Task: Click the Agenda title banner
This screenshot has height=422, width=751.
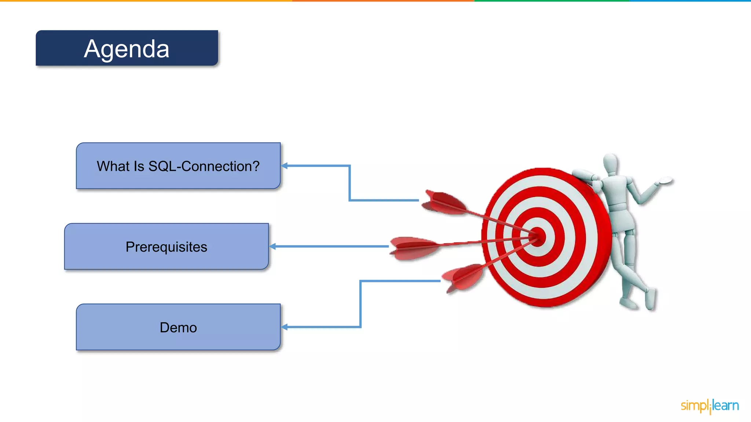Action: (x=127, y=48)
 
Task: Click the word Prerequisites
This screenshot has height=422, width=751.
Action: (x=166, y=247)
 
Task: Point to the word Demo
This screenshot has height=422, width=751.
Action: (x=178, y=327)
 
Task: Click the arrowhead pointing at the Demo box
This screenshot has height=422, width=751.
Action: (x=285, y=327)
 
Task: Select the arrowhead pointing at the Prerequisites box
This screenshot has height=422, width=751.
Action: (x=273, y=247)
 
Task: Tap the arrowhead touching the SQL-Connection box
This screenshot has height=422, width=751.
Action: (x=285, y=166)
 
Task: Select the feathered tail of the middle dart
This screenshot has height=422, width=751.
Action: (x=413, y=248)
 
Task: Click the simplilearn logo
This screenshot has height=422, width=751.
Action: (x=710, y=406)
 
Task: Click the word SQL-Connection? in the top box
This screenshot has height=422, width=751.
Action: (x=204, y=166)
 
